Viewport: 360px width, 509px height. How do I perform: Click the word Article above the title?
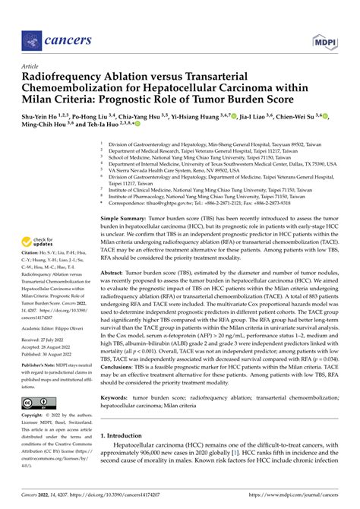31,66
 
